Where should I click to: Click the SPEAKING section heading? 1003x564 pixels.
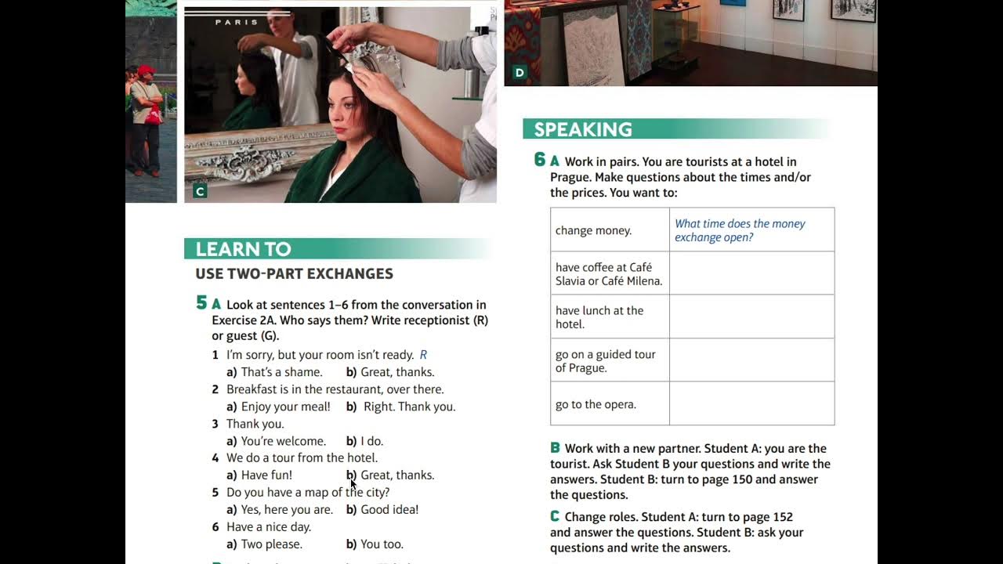click(583, 129)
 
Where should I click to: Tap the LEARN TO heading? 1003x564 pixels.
click(243, 249)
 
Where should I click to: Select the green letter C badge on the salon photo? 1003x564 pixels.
click(200, 192)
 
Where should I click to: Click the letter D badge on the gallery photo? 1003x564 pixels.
click(520, 73)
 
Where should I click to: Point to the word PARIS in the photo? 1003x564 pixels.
click(237, 22)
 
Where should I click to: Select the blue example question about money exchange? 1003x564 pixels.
click(740, 230)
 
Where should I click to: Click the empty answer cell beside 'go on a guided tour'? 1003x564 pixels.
click(752, 360)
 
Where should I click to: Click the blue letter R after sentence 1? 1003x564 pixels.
click(423, 355)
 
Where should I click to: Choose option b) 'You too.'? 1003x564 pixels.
click(375, 544)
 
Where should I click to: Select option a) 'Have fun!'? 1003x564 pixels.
click(259, 475)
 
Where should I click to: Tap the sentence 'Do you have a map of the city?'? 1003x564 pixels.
click(308, 493)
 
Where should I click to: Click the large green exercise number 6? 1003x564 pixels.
click(540, 160)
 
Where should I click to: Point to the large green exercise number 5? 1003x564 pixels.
click(201, 303)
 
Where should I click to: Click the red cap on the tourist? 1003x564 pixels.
click(146, 70)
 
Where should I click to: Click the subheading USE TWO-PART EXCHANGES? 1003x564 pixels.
click(294, 273)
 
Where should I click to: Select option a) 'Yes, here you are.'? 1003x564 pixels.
click(280, 509)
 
